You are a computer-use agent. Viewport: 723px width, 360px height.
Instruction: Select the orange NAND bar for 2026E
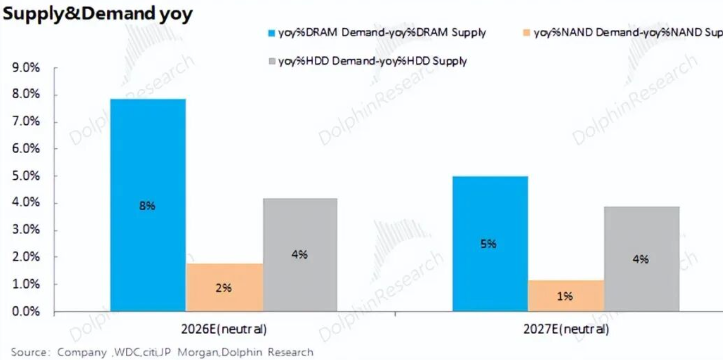pos(225,288)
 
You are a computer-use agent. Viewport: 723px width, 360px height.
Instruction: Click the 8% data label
pos(147,206)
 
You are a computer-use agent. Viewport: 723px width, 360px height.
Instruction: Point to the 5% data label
pos(489,244)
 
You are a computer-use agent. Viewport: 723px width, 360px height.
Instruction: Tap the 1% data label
pos(565,296)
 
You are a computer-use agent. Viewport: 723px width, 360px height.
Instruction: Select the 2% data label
pos(223,288)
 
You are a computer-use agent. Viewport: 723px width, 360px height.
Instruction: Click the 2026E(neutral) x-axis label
pos(224,330)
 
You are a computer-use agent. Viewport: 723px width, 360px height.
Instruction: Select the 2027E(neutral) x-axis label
pos(565,330)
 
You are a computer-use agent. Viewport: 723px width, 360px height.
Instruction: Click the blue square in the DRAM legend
pos(272,33)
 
